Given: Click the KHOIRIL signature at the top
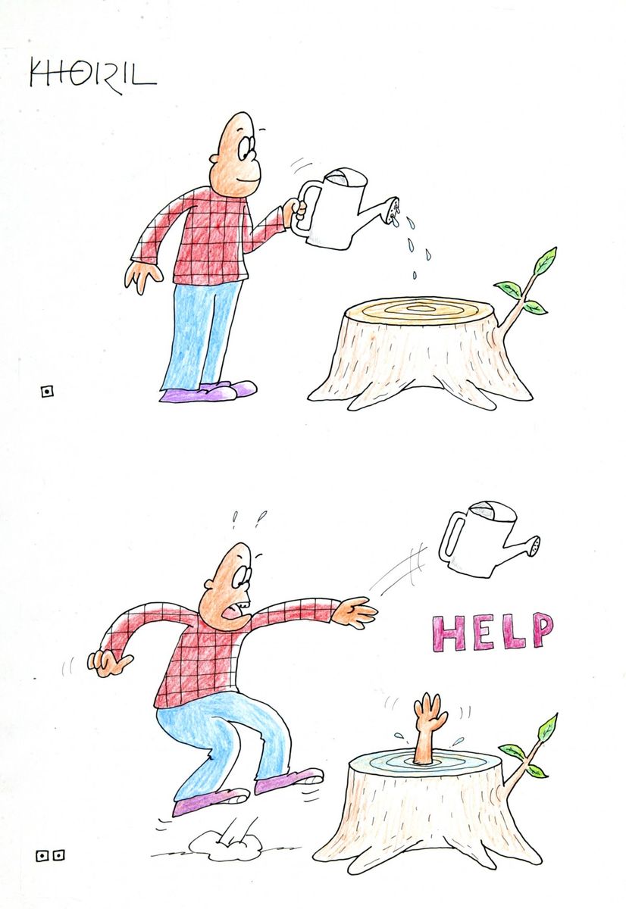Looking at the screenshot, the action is click(93, 76).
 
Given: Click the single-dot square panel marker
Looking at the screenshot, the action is click(48, 392).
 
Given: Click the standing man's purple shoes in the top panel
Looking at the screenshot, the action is click(208, 392).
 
